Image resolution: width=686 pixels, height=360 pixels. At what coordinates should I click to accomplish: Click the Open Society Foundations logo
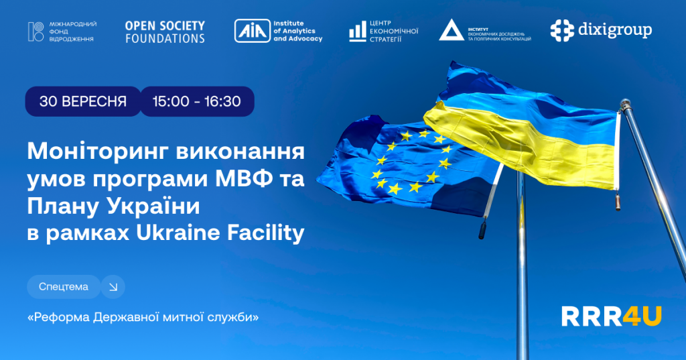pyautogui.click(x=165, y=32)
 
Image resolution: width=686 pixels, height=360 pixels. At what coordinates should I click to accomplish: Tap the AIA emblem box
pyautogui.click(x=252, y=31)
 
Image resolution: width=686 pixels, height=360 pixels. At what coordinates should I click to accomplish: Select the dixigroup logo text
pyautogui.click(x=615, y=29)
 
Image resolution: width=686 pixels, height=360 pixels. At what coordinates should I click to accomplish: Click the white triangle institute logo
pyautogui.click(x=451, y=29)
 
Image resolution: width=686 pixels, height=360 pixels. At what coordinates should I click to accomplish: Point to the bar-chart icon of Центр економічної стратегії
pyautogui.click(x=358, y=32)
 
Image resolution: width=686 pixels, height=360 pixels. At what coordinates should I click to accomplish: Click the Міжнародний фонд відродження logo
pyautogui.click(x=62, y=32)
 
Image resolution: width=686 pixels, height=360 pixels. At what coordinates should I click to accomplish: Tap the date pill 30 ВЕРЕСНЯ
pyautogui.click(x=83, y=101)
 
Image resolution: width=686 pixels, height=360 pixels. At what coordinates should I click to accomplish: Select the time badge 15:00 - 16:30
pyautogui.click(x=197, y=101)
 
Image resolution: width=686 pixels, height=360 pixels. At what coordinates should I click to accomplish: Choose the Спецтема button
pyautogui.click(x=64, y=287)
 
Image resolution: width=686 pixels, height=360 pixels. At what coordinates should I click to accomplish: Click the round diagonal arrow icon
pyautogui.click(x=113, y=287)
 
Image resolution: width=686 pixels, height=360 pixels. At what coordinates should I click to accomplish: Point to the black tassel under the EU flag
pyautogui.click(x=482, y=229)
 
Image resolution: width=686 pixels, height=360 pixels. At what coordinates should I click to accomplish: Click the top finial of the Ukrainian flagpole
pyautogui.click(x=625, y=105)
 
